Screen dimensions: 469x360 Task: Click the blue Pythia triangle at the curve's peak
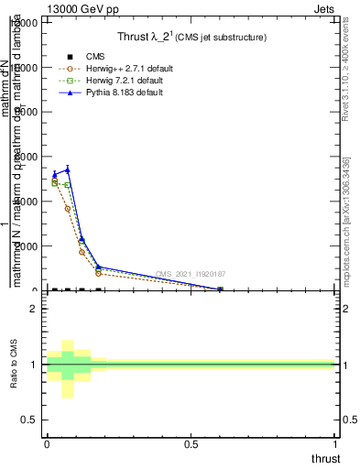[x=68, y=169]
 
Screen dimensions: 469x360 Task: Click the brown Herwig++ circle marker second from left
[x=68, y=209]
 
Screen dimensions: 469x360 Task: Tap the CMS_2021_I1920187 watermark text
[x=191, y=274]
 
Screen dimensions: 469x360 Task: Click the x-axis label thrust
[x=325, y=458]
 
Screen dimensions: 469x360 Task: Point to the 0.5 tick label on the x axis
[x=191, y=444]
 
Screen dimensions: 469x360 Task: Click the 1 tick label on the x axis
[x=336, y=444]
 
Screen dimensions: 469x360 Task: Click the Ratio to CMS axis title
[x=14, y=365]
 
